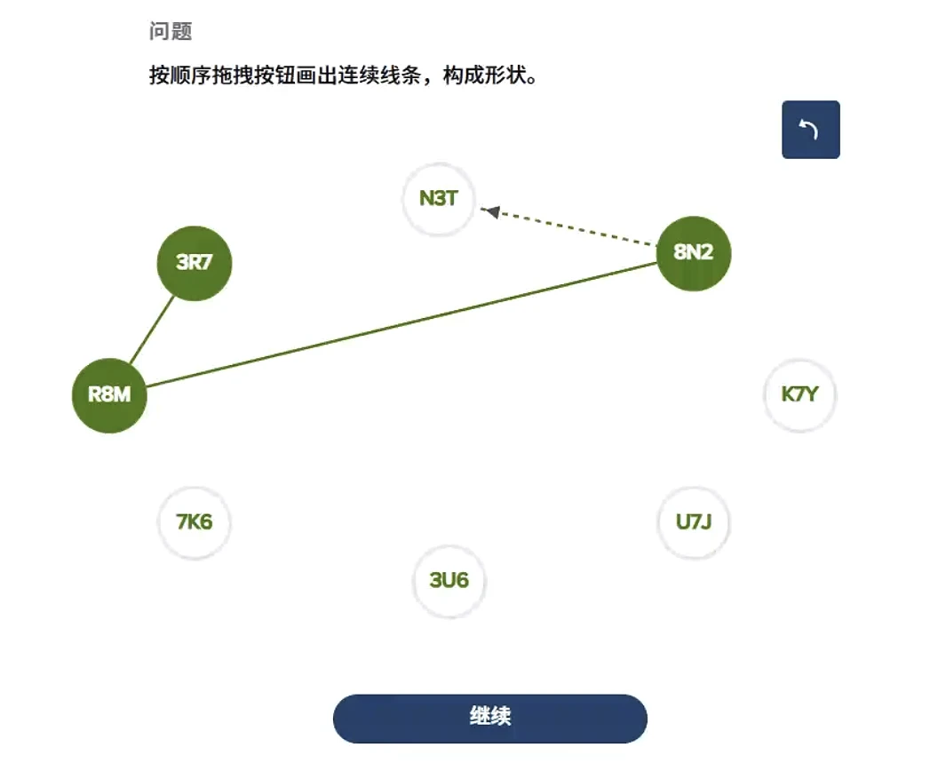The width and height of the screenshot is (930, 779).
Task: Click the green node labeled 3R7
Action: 194,262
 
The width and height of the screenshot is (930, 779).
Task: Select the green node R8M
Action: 108,394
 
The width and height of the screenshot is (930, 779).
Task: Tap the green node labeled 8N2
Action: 693,252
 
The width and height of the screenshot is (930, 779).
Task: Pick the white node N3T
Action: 438,198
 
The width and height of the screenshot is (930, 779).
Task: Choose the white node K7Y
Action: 799,394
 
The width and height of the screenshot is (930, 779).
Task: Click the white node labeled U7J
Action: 694,521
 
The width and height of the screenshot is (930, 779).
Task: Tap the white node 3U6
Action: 449,581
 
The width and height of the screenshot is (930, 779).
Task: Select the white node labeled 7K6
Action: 194,521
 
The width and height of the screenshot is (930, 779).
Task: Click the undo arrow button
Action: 810,130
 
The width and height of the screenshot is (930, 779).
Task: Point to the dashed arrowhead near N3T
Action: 491,211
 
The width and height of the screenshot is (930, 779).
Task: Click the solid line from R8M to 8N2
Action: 400,324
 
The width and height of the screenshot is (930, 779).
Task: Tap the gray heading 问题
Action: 171,32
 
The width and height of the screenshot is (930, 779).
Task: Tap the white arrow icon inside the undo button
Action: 808,130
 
